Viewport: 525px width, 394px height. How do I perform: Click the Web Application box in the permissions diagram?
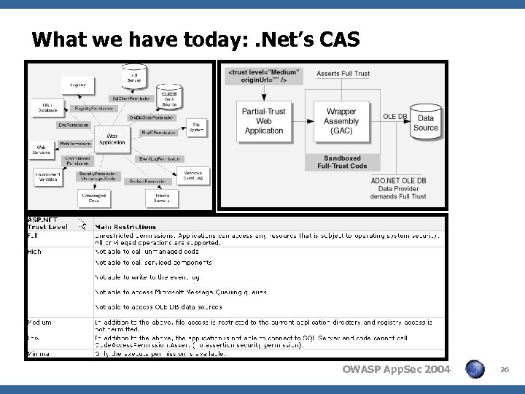[x=112, y=139]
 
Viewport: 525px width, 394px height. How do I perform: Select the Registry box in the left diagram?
[x=78, y=85]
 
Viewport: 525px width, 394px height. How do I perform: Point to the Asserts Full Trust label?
[x=343, y=73]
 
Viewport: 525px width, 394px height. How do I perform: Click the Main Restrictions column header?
[x=125, y=227]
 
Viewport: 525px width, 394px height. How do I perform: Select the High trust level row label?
[x=35, y=251]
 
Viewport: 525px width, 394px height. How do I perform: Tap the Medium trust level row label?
[x=39, y=322]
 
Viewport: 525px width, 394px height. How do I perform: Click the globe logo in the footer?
[x=475, y=370]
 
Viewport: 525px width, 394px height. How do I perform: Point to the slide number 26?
[x=504, y=371]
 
